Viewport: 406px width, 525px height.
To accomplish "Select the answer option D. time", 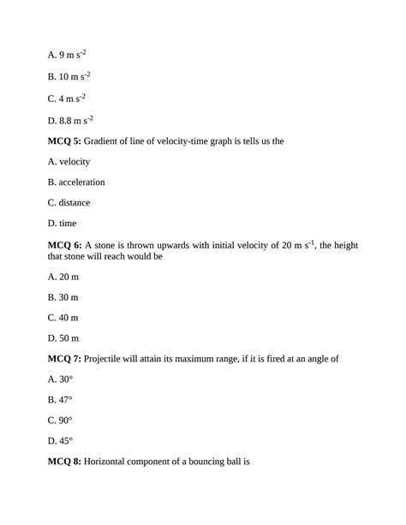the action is (x=63, y=224).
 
